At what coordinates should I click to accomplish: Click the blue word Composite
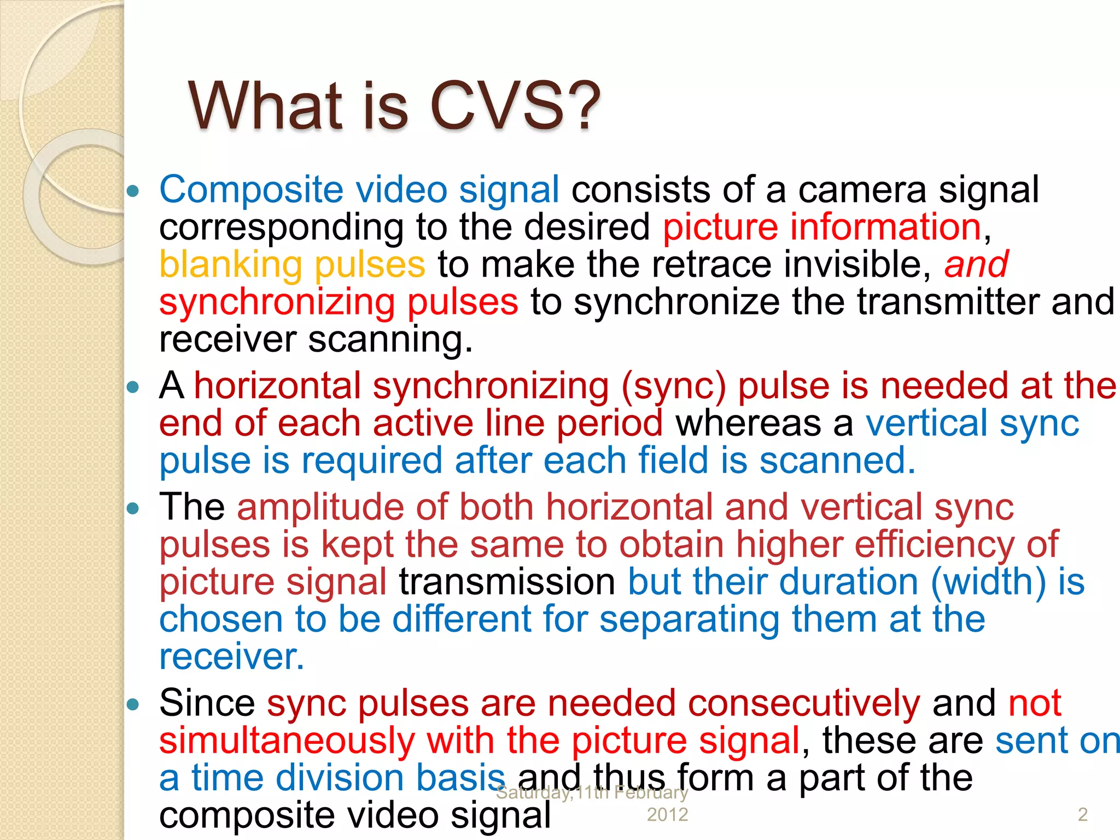point(251,190)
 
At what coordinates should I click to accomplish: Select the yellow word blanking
point(230,265)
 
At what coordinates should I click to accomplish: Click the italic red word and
point(976,265)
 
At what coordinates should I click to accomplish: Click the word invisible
point(857,265)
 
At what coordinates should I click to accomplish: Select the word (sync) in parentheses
point(673,387)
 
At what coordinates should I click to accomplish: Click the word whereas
point(748,424)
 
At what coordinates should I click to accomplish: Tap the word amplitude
point(320,507)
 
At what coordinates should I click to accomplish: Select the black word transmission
point(507,582)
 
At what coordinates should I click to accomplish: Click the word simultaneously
point(287,741)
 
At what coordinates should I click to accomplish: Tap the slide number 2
point(1082,815)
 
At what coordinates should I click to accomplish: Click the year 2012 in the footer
point(667,815)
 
